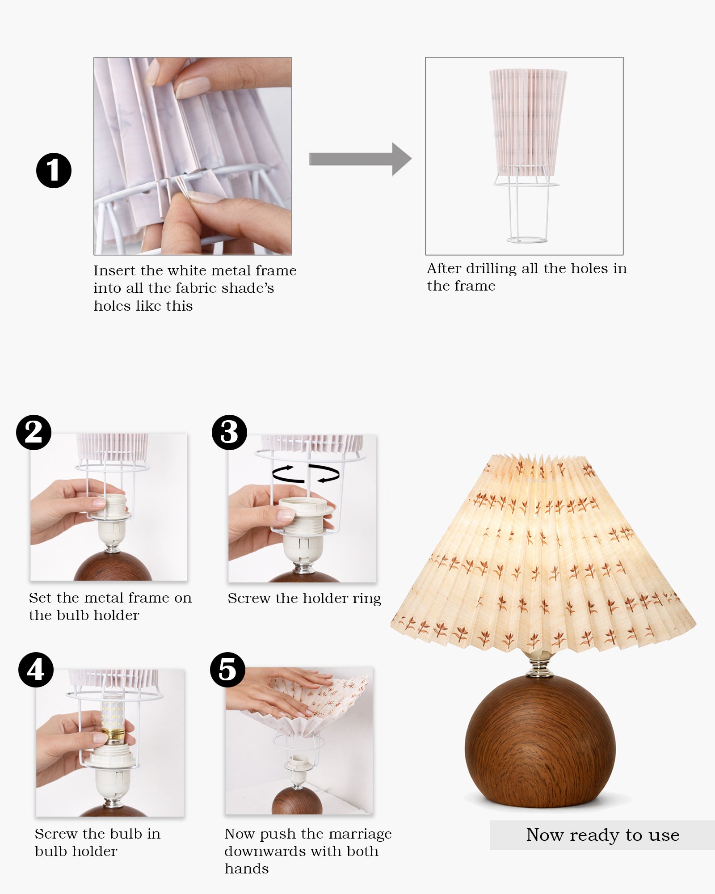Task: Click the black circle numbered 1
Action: (x=54, y=170)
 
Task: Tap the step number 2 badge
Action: (x=34, y=432)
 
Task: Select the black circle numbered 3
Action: (x=229, y=432)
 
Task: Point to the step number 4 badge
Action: (x=36, y=670)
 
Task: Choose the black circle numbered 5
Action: (x=227, y=670)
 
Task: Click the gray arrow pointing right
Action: (x=360, y=159)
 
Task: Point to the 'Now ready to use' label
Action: (x=602, y=835)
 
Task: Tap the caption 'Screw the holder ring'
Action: (x=304, y=599)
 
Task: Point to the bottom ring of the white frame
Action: (x=527, y=240)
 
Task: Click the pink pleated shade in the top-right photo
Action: (x=528, y=122)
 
